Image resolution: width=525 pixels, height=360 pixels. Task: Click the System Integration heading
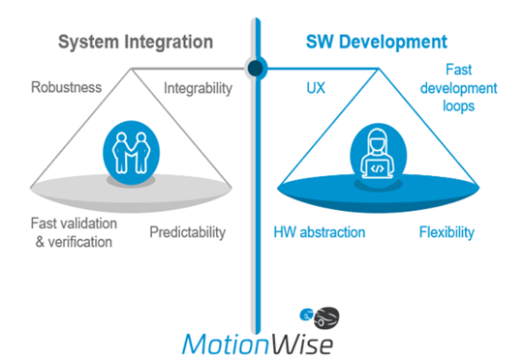tap(135, 43)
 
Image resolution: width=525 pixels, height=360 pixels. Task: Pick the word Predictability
tap(188, 232)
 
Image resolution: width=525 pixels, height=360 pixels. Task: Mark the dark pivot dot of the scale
tap(257, 68)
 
